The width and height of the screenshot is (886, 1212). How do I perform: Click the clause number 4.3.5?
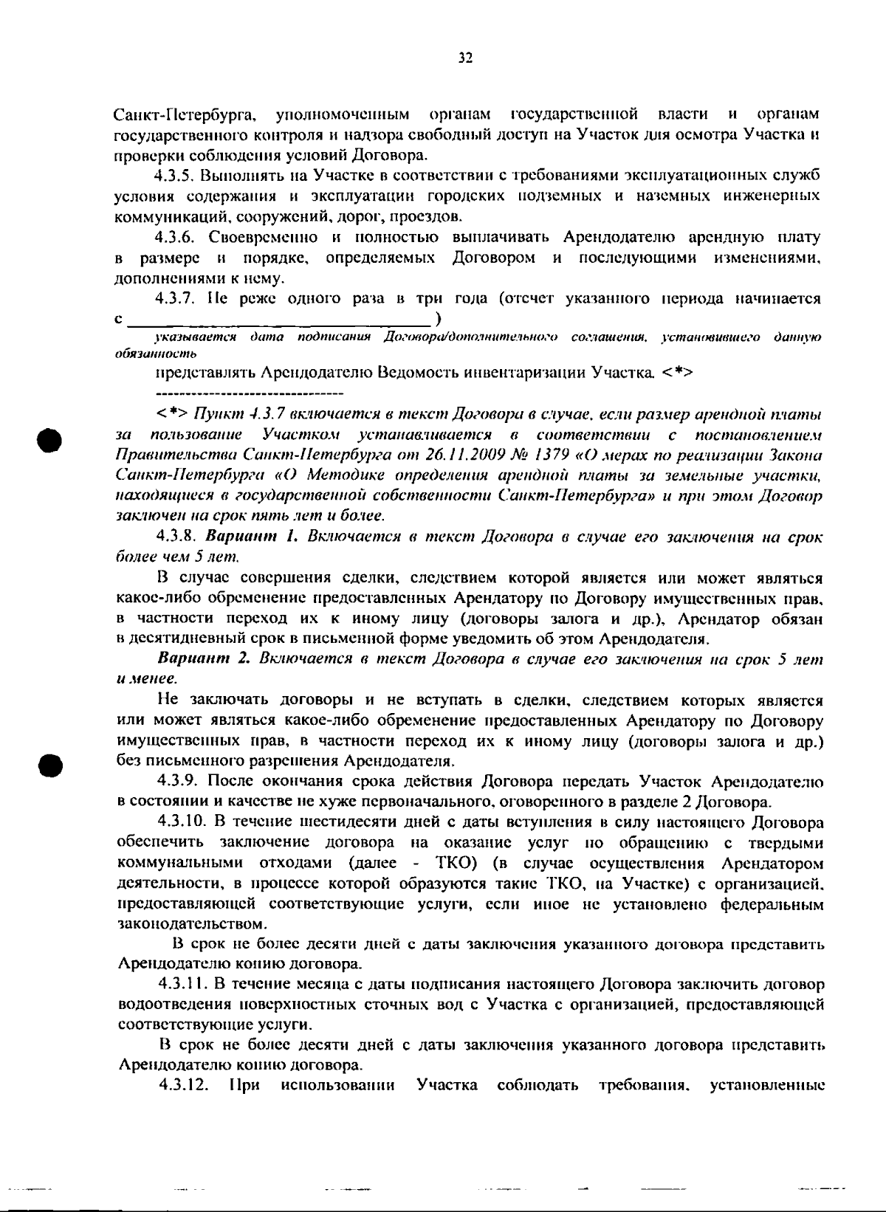pos(175,176)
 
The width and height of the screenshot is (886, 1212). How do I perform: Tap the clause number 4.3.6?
pos(175,238)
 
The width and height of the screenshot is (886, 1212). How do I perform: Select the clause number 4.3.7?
pos(175,299)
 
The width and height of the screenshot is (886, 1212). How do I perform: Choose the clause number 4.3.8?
pos(175,536)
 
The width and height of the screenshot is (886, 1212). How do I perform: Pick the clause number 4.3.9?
pos(175,782)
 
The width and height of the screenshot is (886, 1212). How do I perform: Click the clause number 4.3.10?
pos(179,822)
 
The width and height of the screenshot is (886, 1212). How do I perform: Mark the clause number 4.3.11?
pos(179,985)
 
